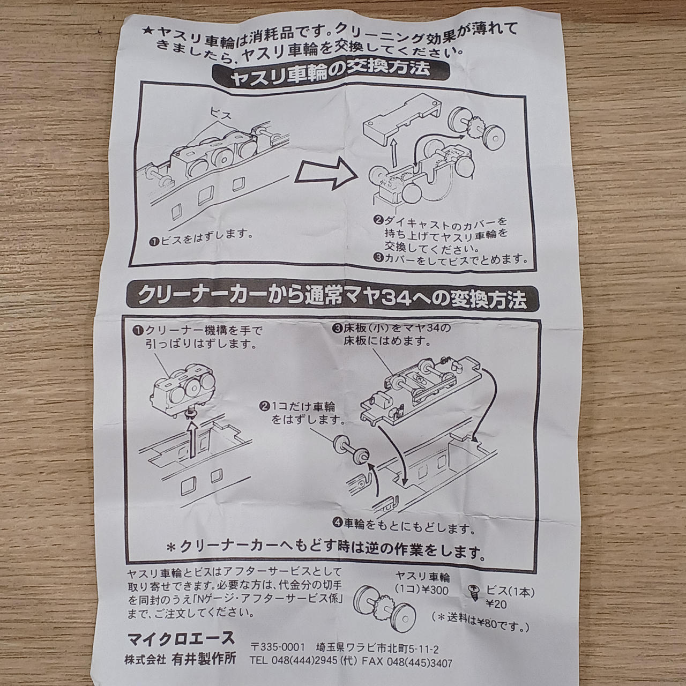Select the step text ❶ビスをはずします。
pos(202,238)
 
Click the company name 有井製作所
pos(204,659)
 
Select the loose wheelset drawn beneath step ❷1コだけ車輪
pos(350,449)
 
